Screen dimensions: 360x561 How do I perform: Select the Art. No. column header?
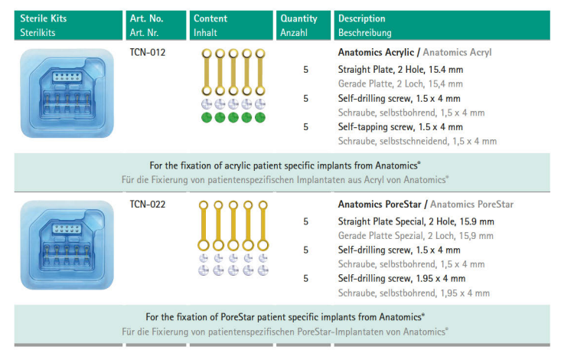[147, 18]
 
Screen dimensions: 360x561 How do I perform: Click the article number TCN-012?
[147, 53]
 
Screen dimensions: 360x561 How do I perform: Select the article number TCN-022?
[147, 205]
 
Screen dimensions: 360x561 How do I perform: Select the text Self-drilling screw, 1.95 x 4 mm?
[401, 278]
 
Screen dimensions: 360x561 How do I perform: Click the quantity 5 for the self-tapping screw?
[305, 126]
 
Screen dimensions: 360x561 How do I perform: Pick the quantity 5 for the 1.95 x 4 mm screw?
[305, 278]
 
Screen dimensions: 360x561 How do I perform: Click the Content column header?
[210, 18]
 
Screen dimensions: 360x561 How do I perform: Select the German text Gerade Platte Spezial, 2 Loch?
[416, 236]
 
